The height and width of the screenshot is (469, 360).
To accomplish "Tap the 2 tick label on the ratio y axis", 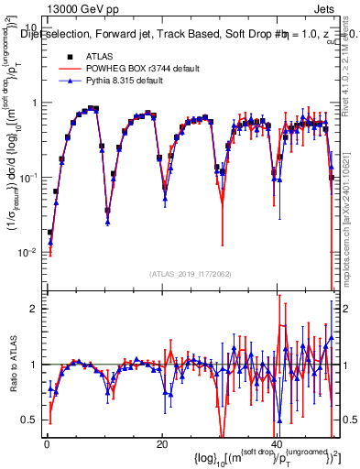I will point(33,309).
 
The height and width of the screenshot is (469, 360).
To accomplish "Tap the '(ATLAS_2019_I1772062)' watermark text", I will point(189,274).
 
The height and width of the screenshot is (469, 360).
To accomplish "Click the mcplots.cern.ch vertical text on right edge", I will point(353,211).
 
